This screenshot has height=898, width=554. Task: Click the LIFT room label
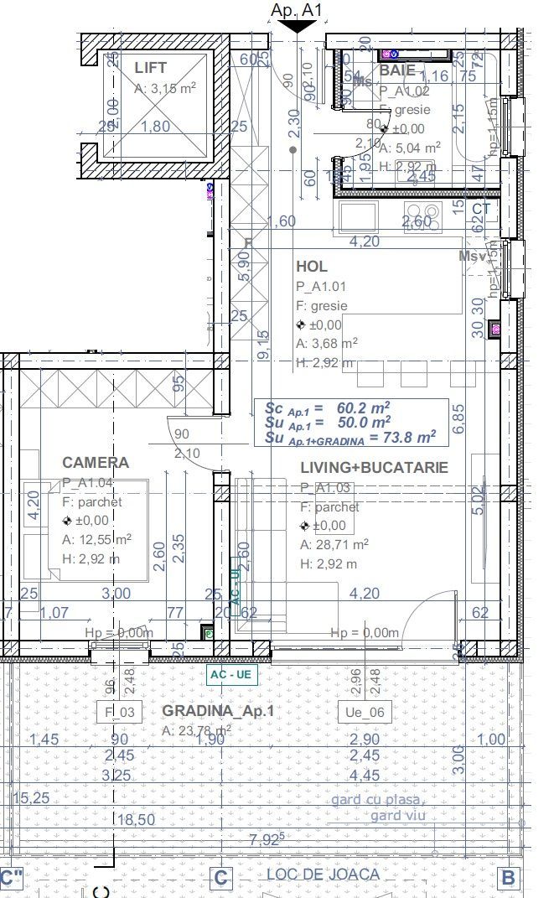150,68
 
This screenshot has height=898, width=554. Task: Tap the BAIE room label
397,71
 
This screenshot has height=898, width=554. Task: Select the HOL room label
312,267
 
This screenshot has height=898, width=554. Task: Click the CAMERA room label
96,463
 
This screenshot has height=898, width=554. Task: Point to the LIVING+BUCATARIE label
374,467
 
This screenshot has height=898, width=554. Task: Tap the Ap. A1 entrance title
297,10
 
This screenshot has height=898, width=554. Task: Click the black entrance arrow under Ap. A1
296,26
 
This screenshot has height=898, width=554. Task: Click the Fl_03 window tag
121,713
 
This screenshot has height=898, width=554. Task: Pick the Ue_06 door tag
365,713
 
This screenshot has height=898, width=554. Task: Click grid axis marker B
507,878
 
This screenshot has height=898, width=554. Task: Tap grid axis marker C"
10,878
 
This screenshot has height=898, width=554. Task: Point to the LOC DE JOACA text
323,875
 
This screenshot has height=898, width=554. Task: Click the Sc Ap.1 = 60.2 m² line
329,408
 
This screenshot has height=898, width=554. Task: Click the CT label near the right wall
481,208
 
